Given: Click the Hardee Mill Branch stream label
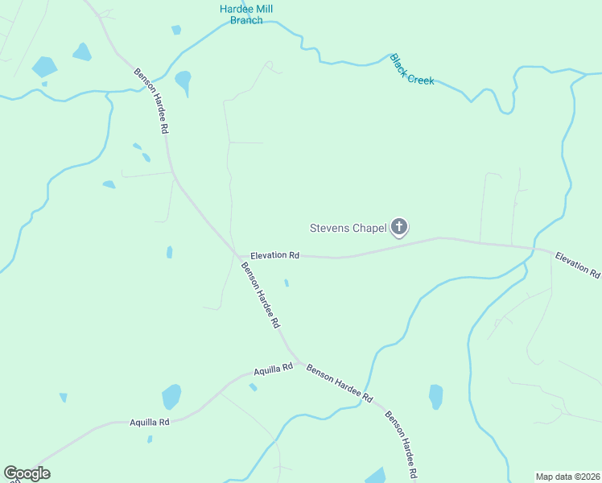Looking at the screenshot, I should [x=246, y=14].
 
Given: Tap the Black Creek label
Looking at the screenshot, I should [x=412, y=70].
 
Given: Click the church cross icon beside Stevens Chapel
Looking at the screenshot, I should [x=398, y=228].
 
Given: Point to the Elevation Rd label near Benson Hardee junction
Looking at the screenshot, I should [x=274, y=255].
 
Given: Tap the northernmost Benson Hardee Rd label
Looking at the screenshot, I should [x=151, y=101].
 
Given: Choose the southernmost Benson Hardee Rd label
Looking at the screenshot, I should [x=402, y=445].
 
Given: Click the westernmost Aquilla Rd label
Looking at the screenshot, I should [x=150, y=422].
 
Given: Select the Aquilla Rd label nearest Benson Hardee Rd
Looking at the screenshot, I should [x=273, y=371].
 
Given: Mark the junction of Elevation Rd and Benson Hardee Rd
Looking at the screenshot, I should [x=238, y=256].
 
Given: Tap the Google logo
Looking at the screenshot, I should [x=27, y=473].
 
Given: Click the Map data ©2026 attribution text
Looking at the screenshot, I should [x=567, y=477].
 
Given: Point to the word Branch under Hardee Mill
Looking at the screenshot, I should [x=246, y=20].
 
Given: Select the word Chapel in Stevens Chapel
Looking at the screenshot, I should [x=369, y=228].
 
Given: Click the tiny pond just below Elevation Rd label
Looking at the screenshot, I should [x=287, y=283].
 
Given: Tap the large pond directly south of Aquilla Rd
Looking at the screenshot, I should [x=171, y=397].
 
